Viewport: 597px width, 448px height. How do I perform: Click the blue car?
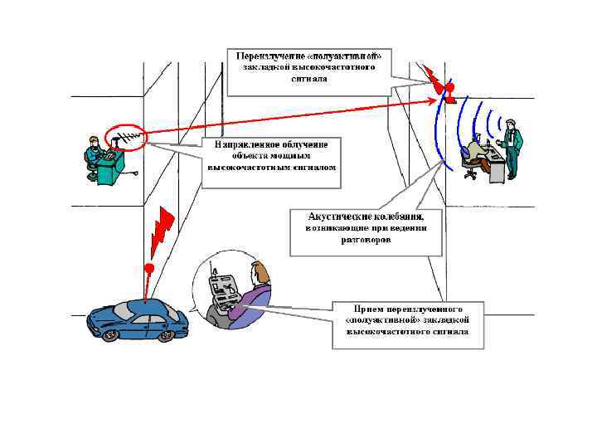pos(137,320)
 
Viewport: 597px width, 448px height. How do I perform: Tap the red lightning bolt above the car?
pos(161,232)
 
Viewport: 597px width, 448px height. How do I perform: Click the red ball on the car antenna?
pos(148,268)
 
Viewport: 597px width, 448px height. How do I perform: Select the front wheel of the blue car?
pos(167,335)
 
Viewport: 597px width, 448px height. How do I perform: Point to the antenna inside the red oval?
pos(125,138)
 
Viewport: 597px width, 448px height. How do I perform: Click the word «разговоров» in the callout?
pos(366,240)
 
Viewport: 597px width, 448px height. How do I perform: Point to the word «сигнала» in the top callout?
pos(308,80)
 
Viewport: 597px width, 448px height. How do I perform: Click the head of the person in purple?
pos(260,271)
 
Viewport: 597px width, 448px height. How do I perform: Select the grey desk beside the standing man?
pos(496,166)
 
